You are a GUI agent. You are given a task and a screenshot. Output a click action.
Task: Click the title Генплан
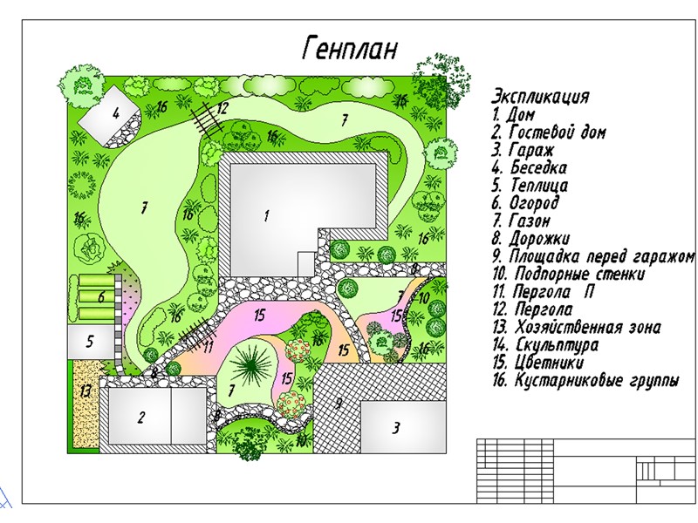[349, 48]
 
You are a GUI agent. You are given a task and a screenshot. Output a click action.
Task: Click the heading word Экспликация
[540, 96]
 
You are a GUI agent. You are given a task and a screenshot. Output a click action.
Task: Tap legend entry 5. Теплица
[530, 186]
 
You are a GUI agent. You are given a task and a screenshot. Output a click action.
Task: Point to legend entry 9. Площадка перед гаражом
[593, 256]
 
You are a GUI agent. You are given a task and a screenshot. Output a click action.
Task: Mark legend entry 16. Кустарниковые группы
[585, 382]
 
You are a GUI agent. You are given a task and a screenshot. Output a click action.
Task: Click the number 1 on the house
[266, 214]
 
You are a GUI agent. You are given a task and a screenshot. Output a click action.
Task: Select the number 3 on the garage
[395, 428]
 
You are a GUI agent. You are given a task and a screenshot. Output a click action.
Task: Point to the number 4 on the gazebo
[115, 113]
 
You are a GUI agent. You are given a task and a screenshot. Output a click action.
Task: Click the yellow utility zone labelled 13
[85, 391]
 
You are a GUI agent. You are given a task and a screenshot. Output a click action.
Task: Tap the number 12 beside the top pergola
[222, 109]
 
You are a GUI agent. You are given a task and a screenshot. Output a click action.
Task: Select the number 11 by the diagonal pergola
[208, 346]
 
